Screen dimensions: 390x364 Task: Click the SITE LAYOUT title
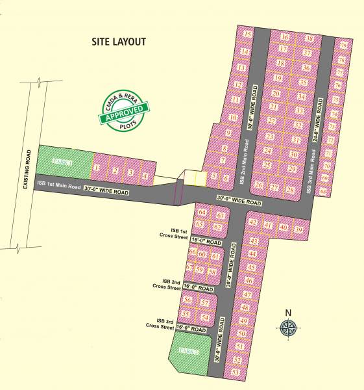pyautogui.click(x=119, y=42)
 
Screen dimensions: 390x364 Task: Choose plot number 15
pyautogui.click(x=247, y=34)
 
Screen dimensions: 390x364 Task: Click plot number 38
pyautogui.click(x=309, y=39)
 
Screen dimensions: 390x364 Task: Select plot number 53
pyautogui.click(x=236, y=372)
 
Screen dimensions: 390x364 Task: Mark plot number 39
pyautogui.click(x=298, y=229)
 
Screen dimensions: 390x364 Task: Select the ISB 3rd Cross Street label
pyautogui.click(x=165, y=322)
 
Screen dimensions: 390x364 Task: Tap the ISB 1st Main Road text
pyautogui.click(x=58, y=187)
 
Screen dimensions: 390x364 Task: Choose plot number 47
pyautogui.click(x=246, y=294)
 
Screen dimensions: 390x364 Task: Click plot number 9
pyautogui.click(x=228, y=133)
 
